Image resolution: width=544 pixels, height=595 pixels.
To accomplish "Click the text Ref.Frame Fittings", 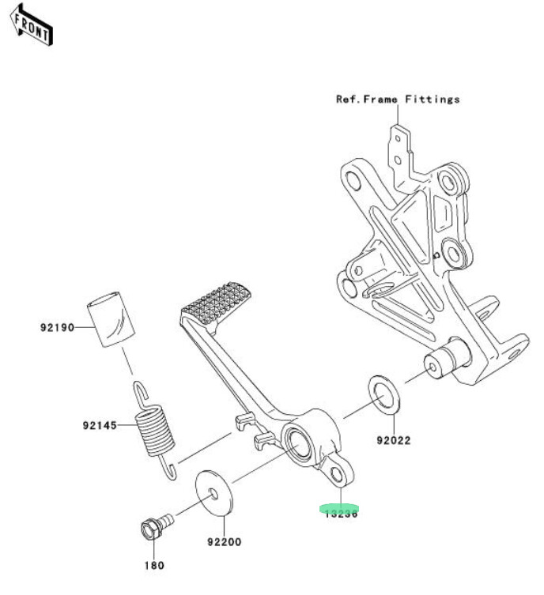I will pos(398,100).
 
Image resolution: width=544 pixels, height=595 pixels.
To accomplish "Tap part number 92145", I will pos(99,425).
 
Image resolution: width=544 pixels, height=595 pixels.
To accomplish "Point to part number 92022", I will pos(394,440).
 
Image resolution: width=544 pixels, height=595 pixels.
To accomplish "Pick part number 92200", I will pos(225,542).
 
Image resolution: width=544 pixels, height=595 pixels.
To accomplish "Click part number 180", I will pos(153,566).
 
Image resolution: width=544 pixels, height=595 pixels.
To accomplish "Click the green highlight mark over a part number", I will pos(339,510).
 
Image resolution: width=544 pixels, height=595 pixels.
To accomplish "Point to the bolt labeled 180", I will pos(154,525).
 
